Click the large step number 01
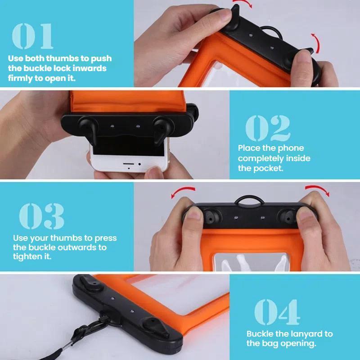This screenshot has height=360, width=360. [x=32, y=36]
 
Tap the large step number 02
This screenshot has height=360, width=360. [x=268, y=128]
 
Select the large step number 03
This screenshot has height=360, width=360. [x=41, y=216]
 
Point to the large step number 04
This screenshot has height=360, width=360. [x=277, y=312]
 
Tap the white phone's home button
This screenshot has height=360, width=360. [x=129, y=164]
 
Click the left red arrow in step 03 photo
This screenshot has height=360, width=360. [x=183, y=191]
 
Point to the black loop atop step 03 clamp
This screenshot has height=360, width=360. [x=249, y=198]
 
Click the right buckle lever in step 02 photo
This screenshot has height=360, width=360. [x=162, y=130]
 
